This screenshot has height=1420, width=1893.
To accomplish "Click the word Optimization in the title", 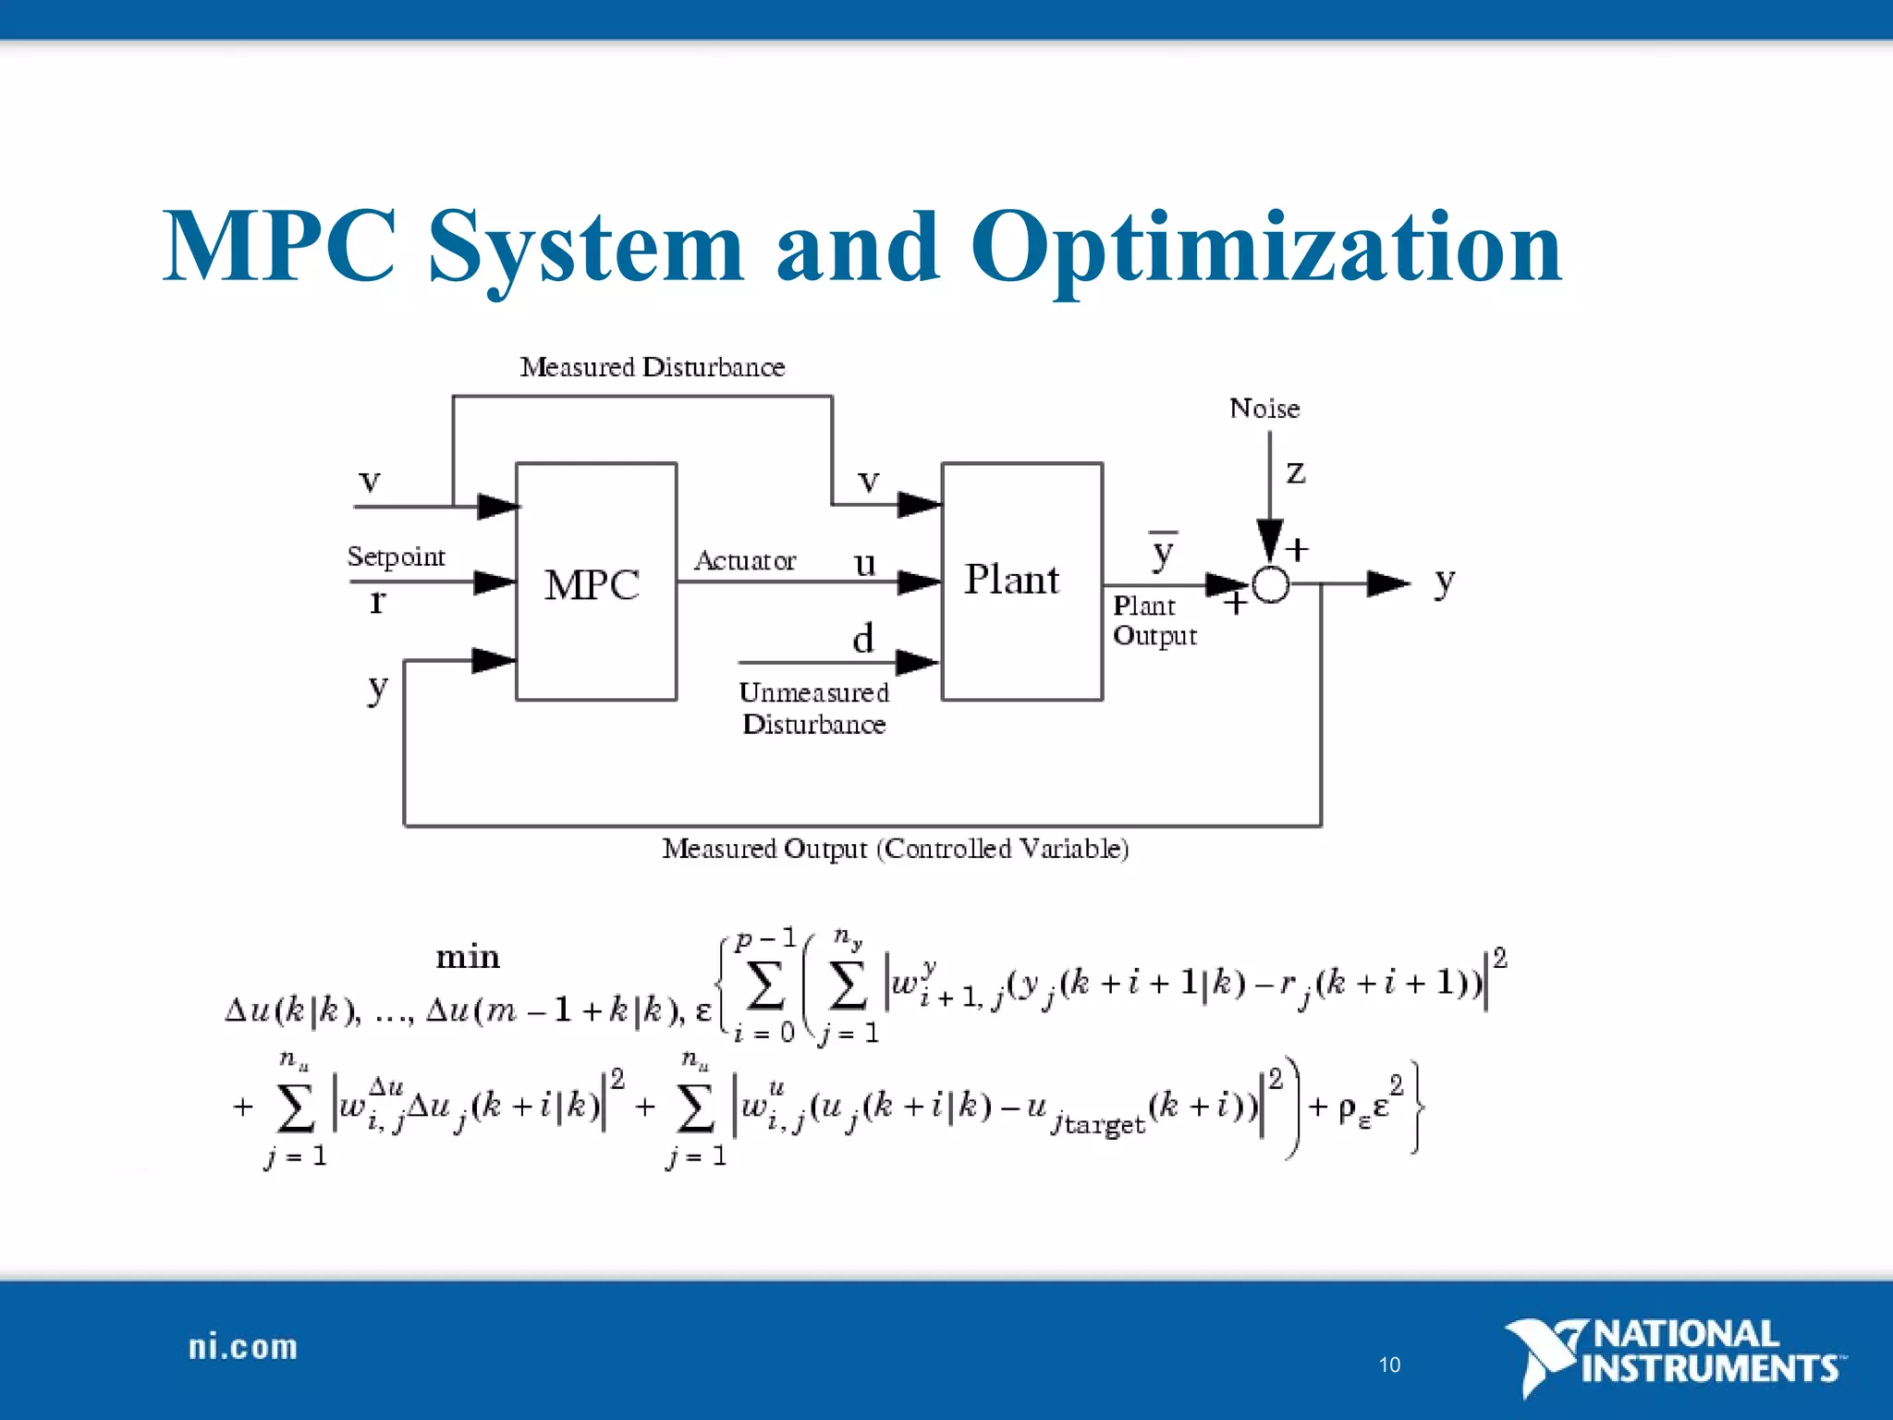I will (1266, 248).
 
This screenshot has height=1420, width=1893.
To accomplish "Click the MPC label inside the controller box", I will (592, 585).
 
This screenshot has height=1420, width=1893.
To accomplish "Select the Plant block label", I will (1011, 581).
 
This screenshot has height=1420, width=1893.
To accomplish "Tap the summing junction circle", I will (1271, 584).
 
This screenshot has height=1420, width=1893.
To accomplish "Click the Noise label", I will (1264, 409).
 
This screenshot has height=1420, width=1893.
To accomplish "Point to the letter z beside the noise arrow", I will (1296, 472).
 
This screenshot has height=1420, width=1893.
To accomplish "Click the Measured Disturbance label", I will (652, 368).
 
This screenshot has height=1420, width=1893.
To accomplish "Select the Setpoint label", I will (396, 557).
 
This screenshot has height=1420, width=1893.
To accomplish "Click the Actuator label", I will (744, 561).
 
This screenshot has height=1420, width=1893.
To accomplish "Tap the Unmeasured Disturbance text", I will (813, 708).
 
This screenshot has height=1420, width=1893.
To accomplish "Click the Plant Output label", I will (1154, 621).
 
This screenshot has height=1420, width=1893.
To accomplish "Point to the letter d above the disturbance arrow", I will (862, 639).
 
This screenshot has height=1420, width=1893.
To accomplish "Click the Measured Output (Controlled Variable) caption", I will (895, 849).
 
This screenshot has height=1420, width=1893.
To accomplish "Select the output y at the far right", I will (1444, 582).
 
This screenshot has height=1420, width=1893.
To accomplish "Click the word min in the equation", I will (468, 957).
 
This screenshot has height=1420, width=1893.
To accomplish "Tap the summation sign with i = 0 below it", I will (764, 986).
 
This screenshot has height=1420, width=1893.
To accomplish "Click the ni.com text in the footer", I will (243, 1348).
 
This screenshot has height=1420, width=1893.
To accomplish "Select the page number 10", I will (1389, 1365).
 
